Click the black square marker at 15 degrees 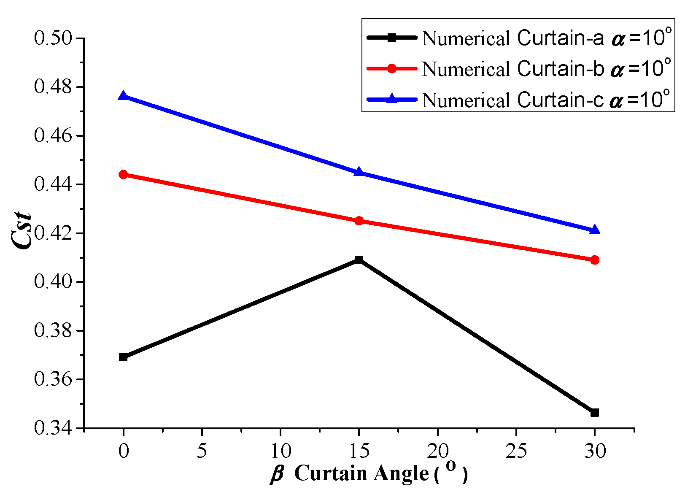coord(359,260)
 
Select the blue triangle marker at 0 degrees coord(123,96)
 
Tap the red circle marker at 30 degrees coord(595,260)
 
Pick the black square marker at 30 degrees coord(595,413)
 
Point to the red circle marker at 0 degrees coord(123,175)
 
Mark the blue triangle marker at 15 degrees coord(359,172)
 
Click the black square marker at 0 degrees coord(123,357)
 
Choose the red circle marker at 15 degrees coord(359,221)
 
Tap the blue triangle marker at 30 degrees coord(595,230)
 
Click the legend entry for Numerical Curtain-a coord(512,38)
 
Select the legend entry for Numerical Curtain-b coord(512,69)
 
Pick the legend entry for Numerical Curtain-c coord(512,100)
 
